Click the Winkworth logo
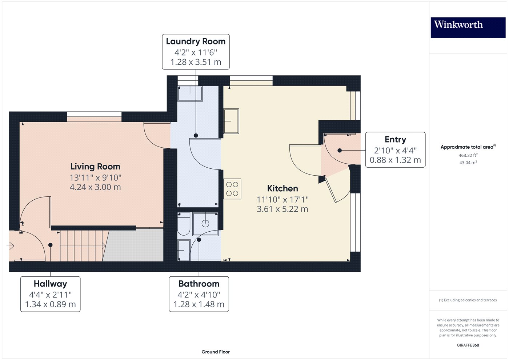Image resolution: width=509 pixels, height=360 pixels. pyautogui.click(x=468, y=27)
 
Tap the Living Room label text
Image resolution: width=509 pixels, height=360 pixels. pyautogui.click(x=95, y=167)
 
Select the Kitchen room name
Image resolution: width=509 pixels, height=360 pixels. pyautogui.click(x=282, y=188)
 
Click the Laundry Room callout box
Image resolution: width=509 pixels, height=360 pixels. pyautogui.click(x=196, y=52)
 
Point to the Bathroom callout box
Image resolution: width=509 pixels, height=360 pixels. pyautogui.click(x=199, y=294)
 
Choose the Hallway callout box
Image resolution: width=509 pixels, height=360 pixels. pyautogui.click(x=50, y=294)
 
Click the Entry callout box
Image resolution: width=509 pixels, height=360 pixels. pyautogui.click(x=395, y=149)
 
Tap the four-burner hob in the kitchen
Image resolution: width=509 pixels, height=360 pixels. pyautogui.click(x=232, y=189)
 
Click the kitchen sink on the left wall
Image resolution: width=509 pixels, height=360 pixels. pyautogui.click(x=231, y=121)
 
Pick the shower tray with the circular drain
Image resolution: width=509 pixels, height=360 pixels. pyautogui.click(x=205, y=224)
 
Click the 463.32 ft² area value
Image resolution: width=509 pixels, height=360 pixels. pyautogui.click(x=468, y=155)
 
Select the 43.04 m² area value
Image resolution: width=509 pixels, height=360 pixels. pyautogui.click(x=468, y=163)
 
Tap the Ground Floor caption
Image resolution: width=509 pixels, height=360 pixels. pyautogui.click(x=216, y=352)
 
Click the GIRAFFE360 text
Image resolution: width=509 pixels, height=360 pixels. pyautogui.click(x=468, y=345)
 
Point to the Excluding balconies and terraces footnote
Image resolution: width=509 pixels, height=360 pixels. pyautogui.click(x=468, y=300)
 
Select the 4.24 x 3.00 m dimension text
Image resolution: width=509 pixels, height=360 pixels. pyautogui.click(x=95, y=187)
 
